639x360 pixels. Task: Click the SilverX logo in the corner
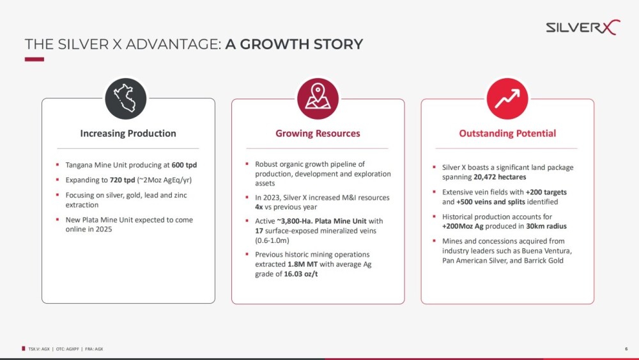coord(583,27)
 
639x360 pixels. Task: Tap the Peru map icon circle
coord(125,98)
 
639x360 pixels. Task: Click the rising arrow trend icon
coord(507,98)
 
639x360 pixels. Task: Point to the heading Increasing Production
coord(128,133)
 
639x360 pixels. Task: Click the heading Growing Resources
coord(318,133)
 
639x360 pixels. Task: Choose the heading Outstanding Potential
coord(507,133)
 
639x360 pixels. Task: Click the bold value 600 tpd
coord(184,165)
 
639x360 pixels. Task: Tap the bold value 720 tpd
coord(122,180)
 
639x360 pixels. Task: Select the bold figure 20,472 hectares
coord(500,177)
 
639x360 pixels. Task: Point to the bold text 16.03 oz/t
coord(301,274)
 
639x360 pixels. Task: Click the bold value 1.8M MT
coord(302,264)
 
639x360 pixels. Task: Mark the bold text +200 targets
coord(546,192)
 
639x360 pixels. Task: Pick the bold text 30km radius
coord(546,226)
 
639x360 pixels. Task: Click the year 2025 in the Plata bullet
coord(104,229)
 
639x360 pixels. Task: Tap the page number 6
coord(626,349)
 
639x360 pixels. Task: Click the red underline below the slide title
coord(35,59)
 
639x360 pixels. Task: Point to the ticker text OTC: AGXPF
coord(67,349)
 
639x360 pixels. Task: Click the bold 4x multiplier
coord(259,207)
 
